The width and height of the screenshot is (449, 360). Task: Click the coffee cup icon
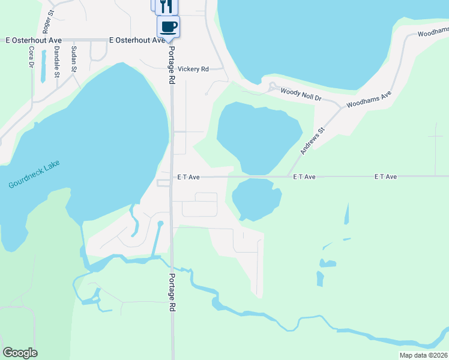click(168, 27)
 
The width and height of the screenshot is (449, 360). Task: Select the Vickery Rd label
click(193, 69)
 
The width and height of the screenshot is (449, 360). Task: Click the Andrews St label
click(312, 141)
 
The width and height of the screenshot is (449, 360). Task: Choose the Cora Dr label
click(31, 58)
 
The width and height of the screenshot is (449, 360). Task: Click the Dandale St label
click(56, 61)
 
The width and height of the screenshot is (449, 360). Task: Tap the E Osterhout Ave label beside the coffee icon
click(137, 40)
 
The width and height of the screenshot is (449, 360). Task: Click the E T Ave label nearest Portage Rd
click(188, 177)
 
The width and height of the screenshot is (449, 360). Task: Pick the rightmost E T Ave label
click(386, 177)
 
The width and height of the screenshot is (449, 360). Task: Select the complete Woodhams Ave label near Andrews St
click(370, 99)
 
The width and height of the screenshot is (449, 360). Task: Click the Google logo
click(20, 353)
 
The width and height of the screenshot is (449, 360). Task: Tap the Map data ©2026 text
click(423, 355)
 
